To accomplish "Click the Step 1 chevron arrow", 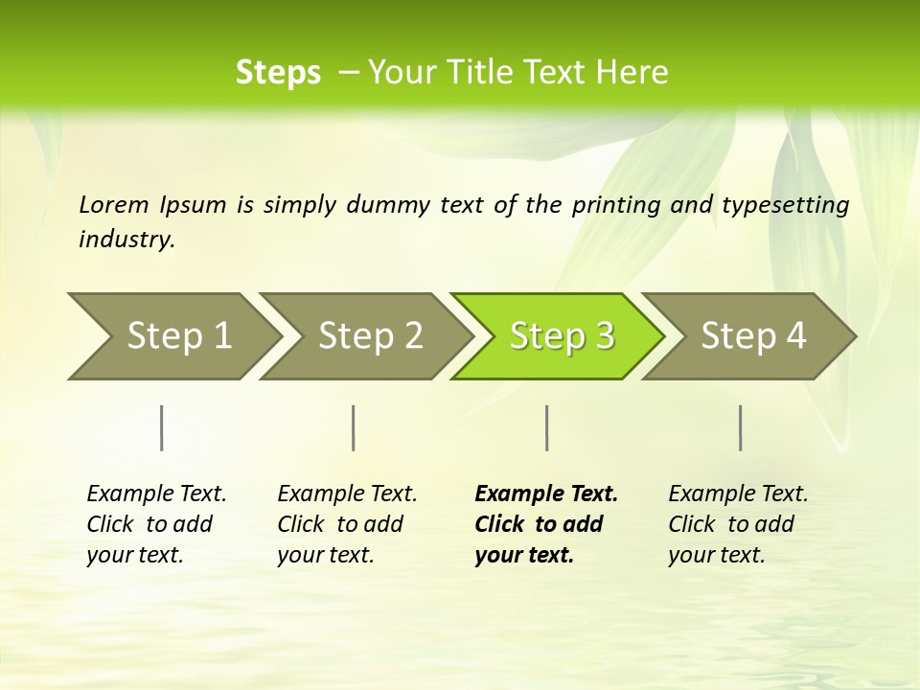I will [x=172, y=336].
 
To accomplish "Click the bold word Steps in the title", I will [x=278, y=72].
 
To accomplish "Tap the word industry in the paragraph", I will [x=126, y=239].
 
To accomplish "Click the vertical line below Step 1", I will [x=162, y=427].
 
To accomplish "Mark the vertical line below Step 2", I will [x=354, y=427].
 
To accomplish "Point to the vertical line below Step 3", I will [x=546, y=427].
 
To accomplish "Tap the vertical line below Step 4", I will [x=741, y=427].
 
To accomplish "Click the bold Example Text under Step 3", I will [x=546, y=494].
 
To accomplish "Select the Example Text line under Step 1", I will [x=156, y=494].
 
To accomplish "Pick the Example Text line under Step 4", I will [x=738, y=494].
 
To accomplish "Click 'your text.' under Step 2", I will [x=325, y=555].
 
